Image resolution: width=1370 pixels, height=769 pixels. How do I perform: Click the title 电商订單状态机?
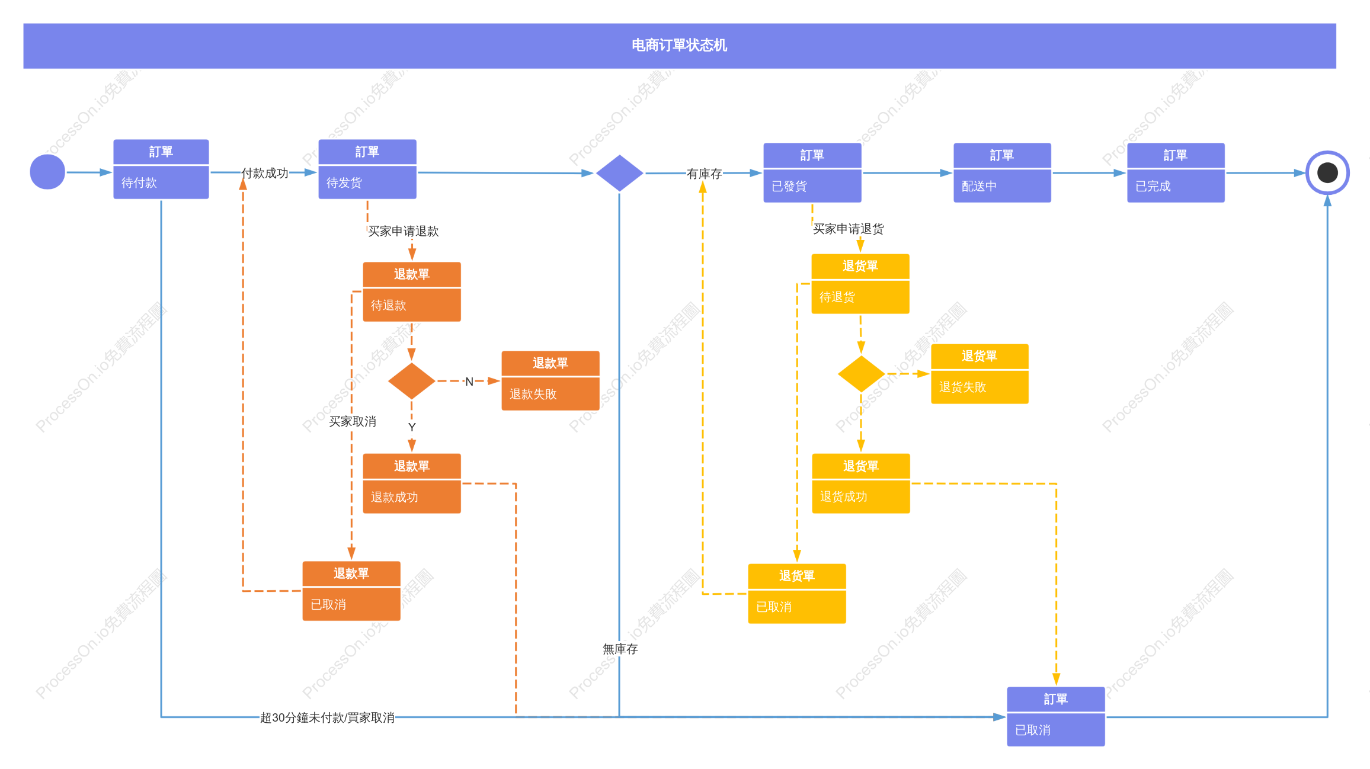point(679,46)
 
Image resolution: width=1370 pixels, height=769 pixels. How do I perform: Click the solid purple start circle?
point(47,172)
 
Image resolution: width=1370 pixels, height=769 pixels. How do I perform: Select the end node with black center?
point(1327,172)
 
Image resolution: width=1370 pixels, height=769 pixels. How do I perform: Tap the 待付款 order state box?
point(161,169)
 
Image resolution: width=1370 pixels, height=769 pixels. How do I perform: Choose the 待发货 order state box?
point(367,169)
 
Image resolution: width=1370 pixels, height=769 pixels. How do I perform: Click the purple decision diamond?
point(619,173)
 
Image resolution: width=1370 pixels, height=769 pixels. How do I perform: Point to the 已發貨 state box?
point(812,172)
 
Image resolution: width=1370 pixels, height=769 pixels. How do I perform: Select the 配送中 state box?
point(1002,172)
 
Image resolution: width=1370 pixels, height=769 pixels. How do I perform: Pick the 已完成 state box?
point(1176,172)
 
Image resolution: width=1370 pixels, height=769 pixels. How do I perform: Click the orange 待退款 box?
point(412,292)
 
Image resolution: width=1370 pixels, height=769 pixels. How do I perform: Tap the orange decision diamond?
point(412,381)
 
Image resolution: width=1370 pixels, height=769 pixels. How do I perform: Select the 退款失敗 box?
point(550,381)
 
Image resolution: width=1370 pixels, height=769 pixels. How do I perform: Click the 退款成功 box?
point(412,483)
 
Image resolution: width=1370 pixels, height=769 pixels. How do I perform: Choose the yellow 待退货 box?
point(860,284)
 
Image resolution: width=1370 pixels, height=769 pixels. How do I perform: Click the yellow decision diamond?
point(861,374)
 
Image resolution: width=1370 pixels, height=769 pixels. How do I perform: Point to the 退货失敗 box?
point(980,374)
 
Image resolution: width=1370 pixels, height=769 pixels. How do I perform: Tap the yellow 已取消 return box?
point(797,594)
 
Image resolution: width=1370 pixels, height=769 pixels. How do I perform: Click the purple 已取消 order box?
point(1056,717)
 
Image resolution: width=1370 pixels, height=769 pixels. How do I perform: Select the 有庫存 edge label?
point(704,174)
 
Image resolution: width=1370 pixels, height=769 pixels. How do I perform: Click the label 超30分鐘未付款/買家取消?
point(327,717)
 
